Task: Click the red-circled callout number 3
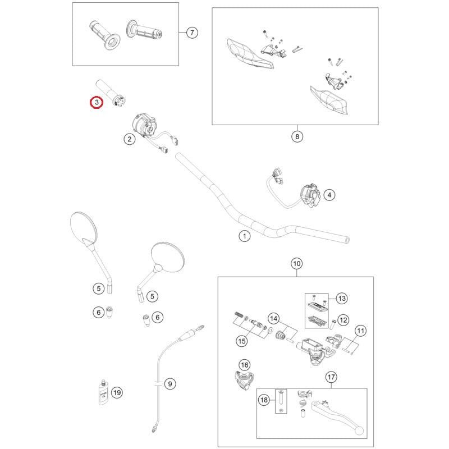point(97,102)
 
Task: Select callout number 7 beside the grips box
point(191,33)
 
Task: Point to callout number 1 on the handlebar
point(244,236)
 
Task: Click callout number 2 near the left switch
point(129,139)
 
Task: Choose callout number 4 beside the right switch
point(329,195)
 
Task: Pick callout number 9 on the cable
point(170,384)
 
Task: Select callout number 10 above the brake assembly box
point(296,263)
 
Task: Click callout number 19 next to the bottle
point(116,392)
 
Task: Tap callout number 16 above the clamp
point(244,365)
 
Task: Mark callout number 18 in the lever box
point(264,400)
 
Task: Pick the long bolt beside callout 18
point(280,400)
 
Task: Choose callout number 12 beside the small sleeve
point(343,320)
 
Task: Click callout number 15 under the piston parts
point(242,341)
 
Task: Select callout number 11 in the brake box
point(360,331)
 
